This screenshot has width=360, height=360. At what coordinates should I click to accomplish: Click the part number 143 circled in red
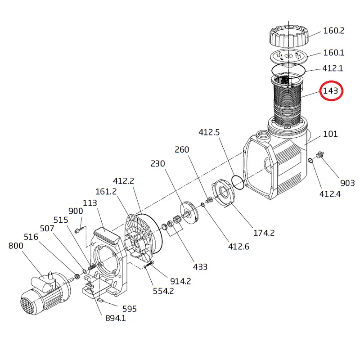[x=331, y=91]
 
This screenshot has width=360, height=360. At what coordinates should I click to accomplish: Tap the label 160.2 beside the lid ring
[x=334, y=31]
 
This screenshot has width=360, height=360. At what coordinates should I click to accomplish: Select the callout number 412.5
[x=209, y=132]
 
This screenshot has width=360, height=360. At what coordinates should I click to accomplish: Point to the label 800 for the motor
[x=16, y=246]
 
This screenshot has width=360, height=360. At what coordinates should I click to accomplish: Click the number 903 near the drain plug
[x=347, y=183]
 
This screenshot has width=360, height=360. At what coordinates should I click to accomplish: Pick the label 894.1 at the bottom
[x=116, y=318]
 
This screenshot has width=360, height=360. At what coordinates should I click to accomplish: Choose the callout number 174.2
[x=264, y=233]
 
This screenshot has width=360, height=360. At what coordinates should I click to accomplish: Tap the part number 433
[x=200, y=267]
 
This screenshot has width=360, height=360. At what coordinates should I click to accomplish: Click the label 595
[x=130, y=309]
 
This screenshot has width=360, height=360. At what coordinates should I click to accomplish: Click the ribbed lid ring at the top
[x=289, y=37]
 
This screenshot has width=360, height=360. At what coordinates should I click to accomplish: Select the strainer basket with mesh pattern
[x=288, y=101]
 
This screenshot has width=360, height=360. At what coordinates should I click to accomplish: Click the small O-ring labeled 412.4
[x=310, y=160]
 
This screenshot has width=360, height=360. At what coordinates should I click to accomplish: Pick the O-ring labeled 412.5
[x=238, y=183]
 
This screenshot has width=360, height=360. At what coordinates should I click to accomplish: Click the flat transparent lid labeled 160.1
[x=288, y=57]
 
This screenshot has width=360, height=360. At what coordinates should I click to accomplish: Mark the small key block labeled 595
[x=100, y=300]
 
